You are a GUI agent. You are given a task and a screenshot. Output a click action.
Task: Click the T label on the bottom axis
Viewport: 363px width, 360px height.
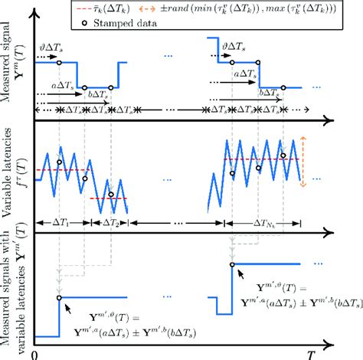311,353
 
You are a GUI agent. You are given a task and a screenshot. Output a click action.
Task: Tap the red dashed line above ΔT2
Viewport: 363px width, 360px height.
107,198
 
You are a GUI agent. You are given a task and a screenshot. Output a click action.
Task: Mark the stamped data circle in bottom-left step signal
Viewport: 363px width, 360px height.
58,297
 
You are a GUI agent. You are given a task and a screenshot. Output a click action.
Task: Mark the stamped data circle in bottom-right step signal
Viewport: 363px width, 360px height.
231,265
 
